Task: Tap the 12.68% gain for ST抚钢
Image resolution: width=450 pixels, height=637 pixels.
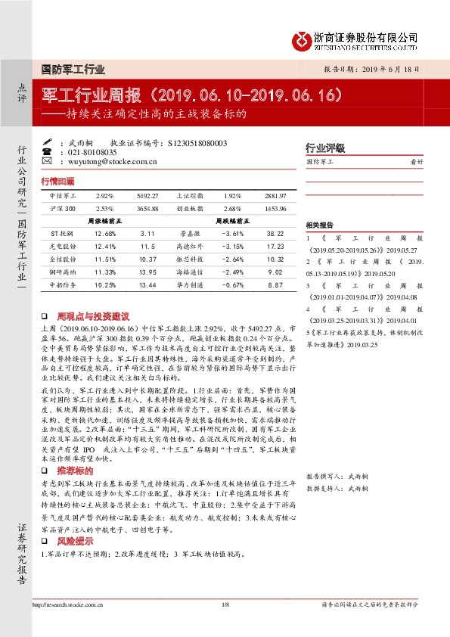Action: coord(105,234)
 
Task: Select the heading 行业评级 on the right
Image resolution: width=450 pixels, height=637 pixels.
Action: coord(324,148)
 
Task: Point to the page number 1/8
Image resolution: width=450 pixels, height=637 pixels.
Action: coord(225,604)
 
